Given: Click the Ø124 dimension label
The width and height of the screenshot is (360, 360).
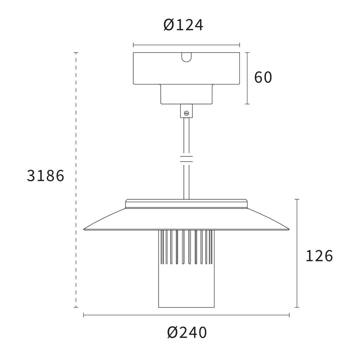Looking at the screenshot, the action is pos(183,25).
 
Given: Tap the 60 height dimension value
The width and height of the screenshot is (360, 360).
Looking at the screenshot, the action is pos(263,77).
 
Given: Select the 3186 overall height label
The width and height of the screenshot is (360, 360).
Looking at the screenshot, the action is pos(45,176).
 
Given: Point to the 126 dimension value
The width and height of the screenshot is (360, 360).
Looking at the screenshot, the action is pos(319,256).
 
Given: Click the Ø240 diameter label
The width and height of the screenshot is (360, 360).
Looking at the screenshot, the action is pos(187,333).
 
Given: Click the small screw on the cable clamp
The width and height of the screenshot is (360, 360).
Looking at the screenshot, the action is pos(186,113).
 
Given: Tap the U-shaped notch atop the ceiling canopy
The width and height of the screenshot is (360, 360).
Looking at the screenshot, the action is pos(186,57).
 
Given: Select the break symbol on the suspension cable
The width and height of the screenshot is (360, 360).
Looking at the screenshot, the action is pos(186,159).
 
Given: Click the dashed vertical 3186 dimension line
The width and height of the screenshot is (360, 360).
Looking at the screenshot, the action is pos(76,180).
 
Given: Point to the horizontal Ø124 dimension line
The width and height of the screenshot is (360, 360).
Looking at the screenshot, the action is pos(186,45).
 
